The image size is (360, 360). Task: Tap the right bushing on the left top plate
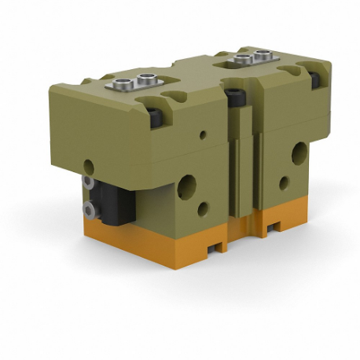(146, 79)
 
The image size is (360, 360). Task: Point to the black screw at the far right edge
(314, 79)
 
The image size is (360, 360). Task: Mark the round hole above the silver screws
(89, 167)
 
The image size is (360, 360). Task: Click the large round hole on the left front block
(187, 186)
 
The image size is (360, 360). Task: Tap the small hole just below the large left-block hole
(204, 209)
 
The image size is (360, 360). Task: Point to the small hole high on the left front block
(203, 134)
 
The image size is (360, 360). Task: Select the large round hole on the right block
(299, 153)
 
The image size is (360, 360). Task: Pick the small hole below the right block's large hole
(285, 182)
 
